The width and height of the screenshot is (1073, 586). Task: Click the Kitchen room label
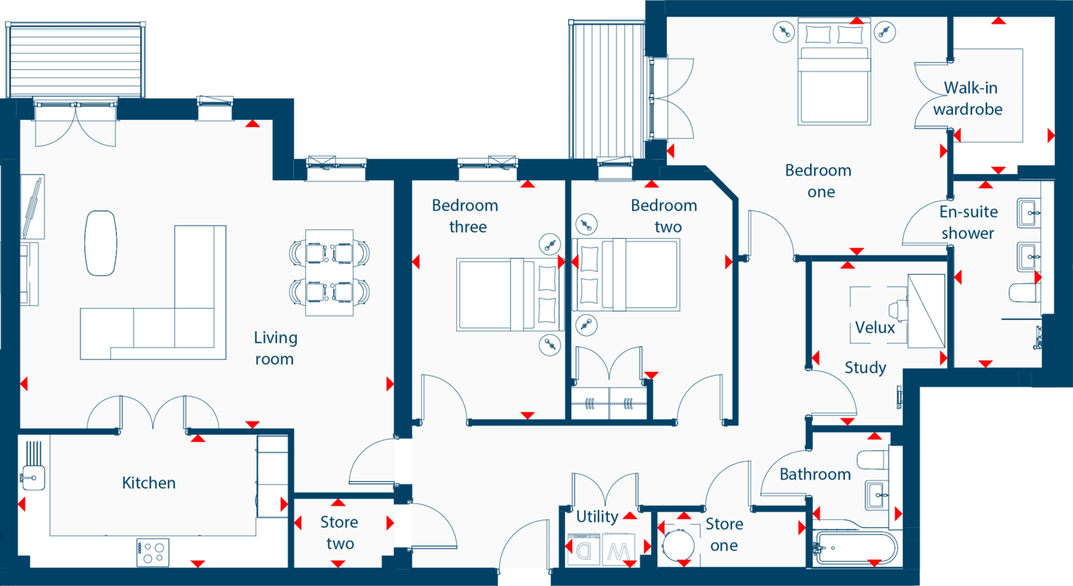(149, 483)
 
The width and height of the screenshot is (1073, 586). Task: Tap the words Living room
(275, 348)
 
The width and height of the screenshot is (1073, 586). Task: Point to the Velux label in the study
(875, 327)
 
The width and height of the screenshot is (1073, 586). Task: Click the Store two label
(339, 533)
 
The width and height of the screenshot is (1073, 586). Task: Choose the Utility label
(597, 516)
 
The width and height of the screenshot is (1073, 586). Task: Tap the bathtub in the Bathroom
(855, 547)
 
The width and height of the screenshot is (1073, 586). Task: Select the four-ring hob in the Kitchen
(152, 552)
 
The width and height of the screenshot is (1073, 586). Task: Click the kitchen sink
(34, 477)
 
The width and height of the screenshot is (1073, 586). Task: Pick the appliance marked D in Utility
(583, 549)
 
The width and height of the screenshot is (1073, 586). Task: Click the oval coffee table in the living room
(101, 242)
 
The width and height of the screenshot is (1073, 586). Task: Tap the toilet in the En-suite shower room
(1024, 292)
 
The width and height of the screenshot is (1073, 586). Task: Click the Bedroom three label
(465, 216)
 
